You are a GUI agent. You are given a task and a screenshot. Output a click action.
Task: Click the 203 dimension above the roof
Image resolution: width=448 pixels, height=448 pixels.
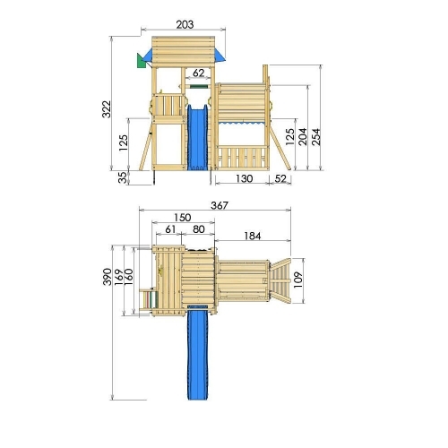185,24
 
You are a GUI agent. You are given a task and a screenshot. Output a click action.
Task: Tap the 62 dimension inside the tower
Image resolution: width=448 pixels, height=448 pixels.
199,73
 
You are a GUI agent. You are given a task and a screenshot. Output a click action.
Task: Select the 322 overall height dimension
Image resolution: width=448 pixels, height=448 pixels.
107,109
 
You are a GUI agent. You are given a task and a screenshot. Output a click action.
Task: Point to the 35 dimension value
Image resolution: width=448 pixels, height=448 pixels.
123,177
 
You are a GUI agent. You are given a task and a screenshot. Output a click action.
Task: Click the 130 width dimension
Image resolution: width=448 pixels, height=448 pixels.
245,178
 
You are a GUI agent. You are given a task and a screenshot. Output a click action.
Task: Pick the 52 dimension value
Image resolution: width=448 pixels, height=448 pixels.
280,178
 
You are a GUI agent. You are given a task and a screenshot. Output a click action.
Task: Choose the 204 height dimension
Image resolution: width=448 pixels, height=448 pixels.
303,137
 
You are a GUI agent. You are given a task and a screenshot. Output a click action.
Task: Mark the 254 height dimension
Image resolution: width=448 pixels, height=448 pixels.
316,137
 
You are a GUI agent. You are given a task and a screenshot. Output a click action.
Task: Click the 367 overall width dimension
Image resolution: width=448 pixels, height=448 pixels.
220,205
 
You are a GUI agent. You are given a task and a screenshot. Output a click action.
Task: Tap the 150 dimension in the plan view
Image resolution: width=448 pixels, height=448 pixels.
183,218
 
